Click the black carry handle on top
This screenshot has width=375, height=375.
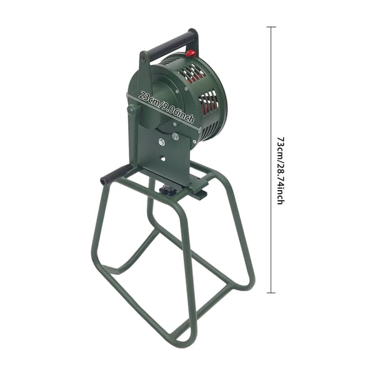[171, 45]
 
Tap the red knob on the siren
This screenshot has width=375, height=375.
[191, 53]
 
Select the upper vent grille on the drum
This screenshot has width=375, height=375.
[191, 73]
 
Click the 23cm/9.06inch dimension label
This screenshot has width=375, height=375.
[166, 107]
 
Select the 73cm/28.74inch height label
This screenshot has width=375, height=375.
[281, 170]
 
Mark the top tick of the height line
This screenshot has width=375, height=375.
[271, 27]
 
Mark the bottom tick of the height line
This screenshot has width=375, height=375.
[271, 292]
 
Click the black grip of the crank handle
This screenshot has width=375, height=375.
[116, 175]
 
